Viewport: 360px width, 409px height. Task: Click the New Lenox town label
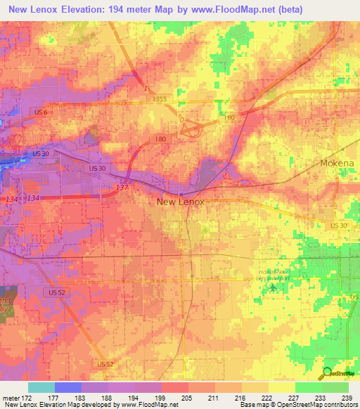180,201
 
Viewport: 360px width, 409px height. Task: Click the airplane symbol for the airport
272,287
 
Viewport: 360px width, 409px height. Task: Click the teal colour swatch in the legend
41,387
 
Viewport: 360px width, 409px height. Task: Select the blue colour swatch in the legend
67,387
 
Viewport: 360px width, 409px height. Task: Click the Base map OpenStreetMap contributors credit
298,405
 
